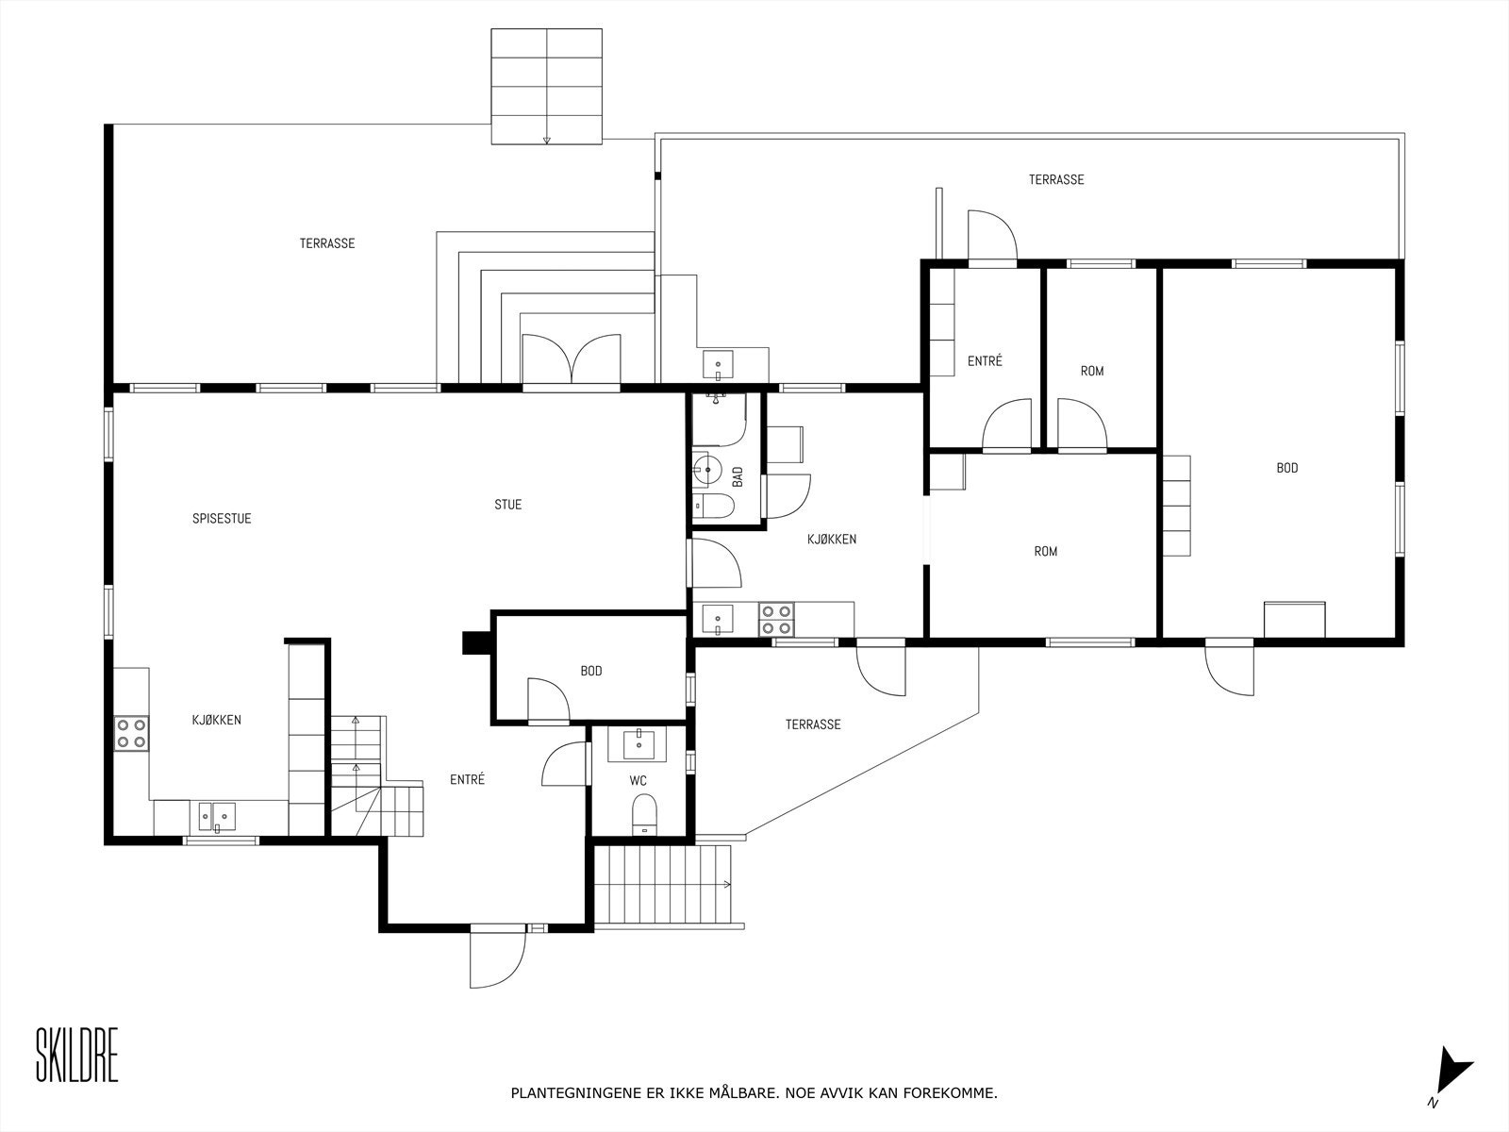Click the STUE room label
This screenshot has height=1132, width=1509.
click(507, 505)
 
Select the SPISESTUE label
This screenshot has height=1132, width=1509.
click(222, 519)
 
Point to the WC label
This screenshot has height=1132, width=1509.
click(638, 781)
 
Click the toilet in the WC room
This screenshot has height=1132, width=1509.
click(644, 813)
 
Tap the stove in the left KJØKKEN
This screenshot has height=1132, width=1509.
click(131, 733)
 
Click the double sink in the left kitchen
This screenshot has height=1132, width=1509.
click(218, 815)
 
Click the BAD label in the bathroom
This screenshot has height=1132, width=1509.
click(738, 476)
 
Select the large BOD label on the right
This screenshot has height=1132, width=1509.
click(1286, 468)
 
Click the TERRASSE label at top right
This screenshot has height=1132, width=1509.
click(1055, 179)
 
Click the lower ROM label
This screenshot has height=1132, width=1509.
click(1045, 551)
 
